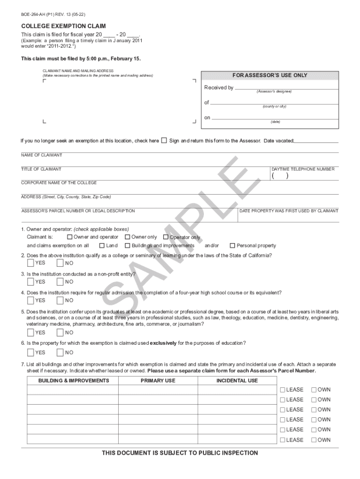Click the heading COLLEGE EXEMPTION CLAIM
point(64,26)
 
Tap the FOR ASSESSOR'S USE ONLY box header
point(270,75)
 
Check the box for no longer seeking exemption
point(164,140)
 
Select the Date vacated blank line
point(317,141)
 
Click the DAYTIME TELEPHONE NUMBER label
point(303,169)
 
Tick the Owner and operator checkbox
point(70,237)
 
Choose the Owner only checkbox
point(127,237)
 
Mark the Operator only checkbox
point(166,237)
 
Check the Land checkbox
point(102,246)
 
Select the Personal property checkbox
point(232,246)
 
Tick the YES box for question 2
point(31,263)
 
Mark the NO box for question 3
point(60,282)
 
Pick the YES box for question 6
point(31,352)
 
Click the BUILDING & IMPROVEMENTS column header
point(74,380)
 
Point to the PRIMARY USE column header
point(158,380)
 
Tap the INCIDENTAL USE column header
point(237,380)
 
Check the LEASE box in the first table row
point(282,390)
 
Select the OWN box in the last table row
point(314,440)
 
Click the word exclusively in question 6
point(163,343)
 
